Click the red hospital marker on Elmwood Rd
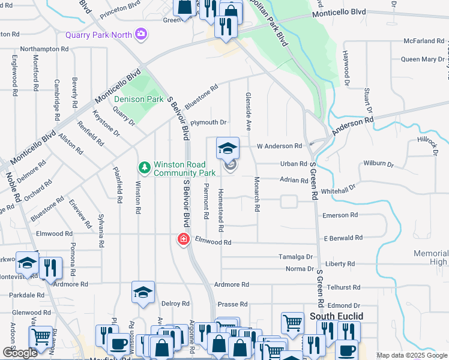pos(182,239)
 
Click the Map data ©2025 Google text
pos(411,355)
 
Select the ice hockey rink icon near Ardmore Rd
pos(143,292)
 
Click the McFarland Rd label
pos(424,41)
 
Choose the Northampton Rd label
pos(48,49)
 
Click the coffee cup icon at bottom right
pos(346,350)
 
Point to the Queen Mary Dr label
pos(423,59)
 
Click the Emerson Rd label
pos(340,215)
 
